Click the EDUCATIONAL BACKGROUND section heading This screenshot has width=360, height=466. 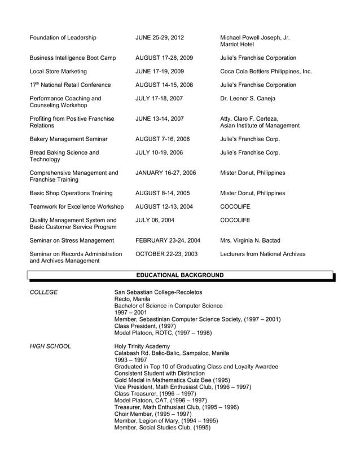coord(181,275)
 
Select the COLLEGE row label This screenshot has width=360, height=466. coord(43,292)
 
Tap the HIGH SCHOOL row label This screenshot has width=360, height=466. coord(50,346)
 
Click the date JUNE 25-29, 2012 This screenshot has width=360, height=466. coord(160,38)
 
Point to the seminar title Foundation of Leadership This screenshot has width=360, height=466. coord(63,38)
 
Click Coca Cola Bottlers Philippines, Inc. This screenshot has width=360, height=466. coord(265,72)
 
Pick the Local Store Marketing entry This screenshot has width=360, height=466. coord(58,72)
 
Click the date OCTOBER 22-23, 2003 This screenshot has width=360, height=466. coord(166,254)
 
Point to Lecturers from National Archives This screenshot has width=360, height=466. coord(262,254)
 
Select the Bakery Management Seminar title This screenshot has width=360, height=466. coord(68,139)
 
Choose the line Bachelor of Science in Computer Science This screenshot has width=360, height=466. coord(168,306)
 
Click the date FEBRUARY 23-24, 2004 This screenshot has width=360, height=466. coord(168,241)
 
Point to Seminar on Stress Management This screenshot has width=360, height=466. coord(67,241)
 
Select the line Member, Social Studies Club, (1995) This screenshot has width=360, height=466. coord(162,427)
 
